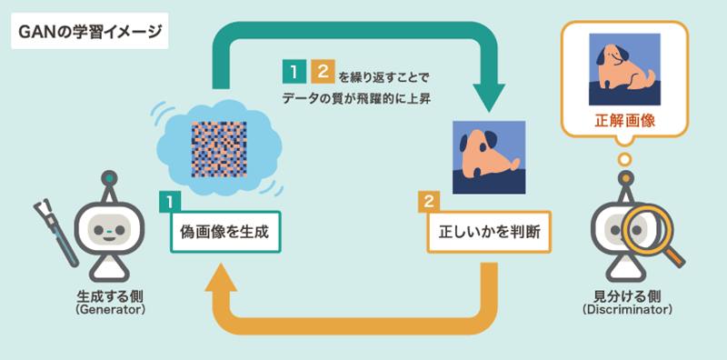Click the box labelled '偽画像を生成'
click(224, 232)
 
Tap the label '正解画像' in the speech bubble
click(625, 120)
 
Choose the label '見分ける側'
click(627, 296)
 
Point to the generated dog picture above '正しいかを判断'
click(489, 155)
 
